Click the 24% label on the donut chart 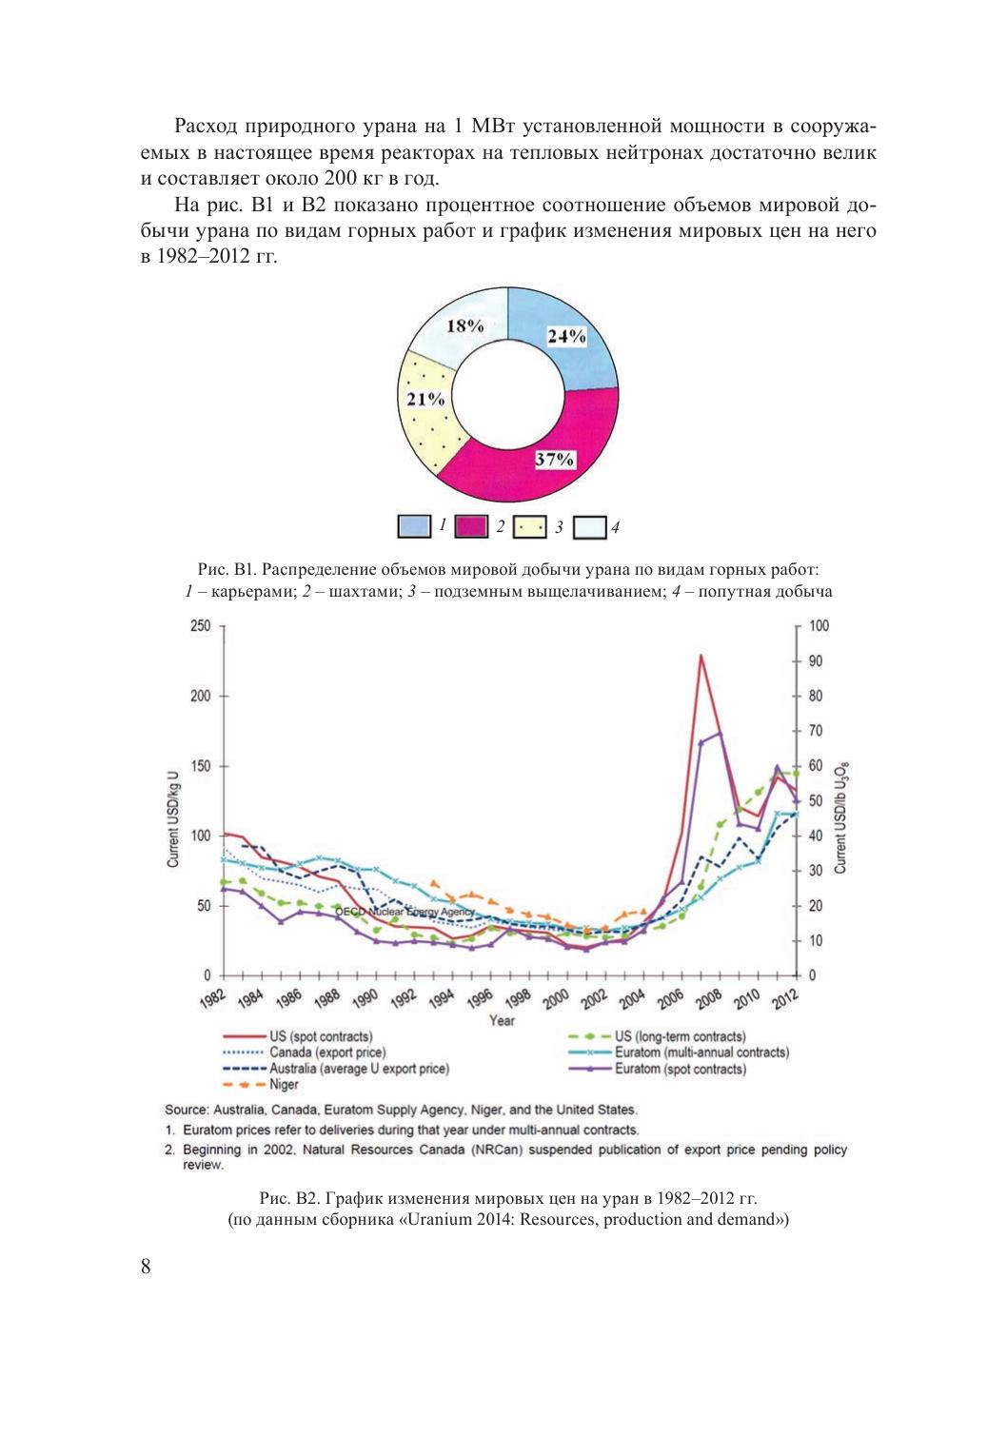pos(566,336)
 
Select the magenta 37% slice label pos(553,460)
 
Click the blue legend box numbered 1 pos(415,526)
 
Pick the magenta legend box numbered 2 pos(472,526)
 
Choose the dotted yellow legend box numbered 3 pos(530,526)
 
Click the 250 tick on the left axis pos(200,626)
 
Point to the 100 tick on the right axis pos(819,626)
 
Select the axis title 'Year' pos(503,1020)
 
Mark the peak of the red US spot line pos(701,656)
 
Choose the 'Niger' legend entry pos(284,1084)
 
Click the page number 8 pos(146,1267)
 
